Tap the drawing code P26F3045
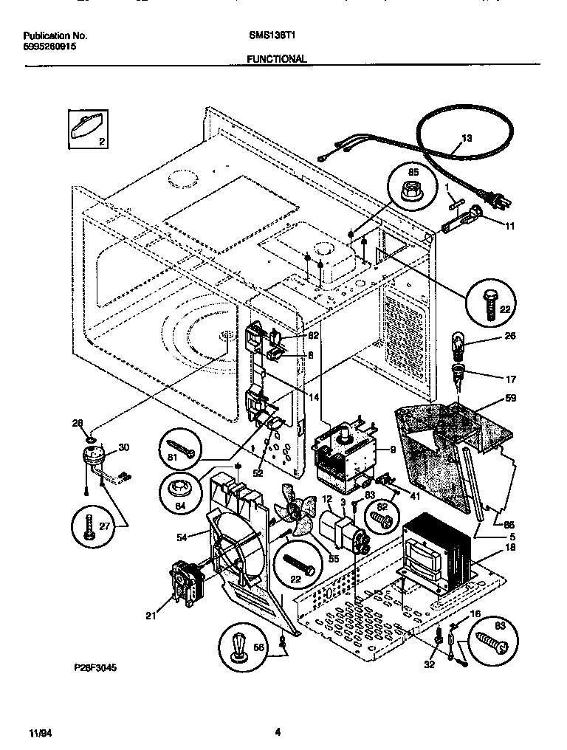pos(95,667)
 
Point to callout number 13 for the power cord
pos(467,138)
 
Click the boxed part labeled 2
pos(86,131)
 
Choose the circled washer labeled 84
pos(179,491)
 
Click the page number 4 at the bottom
pos(277,733)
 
